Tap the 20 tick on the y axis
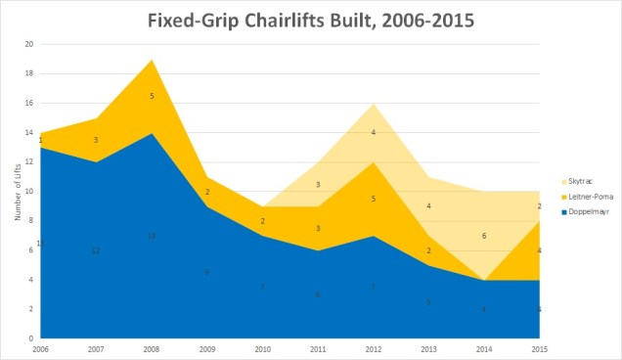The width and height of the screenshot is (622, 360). (29, 44)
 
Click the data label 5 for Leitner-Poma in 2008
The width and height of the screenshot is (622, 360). (151, 96)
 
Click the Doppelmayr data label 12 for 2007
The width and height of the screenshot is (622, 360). (96, 250)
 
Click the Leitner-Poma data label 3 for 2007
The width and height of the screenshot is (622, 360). (97, 140)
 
